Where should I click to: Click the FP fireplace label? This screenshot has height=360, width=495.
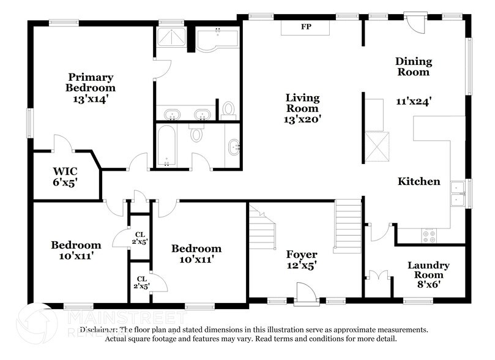(x=305, y=27)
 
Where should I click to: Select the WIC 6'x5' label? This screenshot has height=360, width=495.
(x=65, y=176)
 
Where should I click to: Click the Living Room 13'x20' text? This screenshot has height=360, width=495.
(x=303, y=108)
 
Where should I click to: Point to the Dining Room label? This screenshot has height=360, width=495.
(x=413, y=66)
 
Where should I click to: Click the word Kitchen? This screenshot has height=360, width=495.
(x=419, y=181)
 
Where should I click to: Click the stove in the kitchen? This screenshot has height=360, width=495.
(x=429, y=234)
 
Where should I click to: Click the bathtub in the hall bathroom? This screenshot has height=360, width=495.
(x=166, y=146)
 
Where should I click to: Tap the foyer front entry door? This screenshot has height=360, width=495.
(x=305, y=292)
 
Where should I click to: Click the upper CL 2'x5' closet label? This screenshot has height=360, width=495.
(x=140, y=238)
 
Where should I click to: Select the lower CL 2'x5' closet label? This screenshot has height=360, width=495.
(x=141, y=282)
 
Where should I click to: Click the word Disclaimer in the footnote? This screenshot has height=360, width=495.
(x=96, y=329)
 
